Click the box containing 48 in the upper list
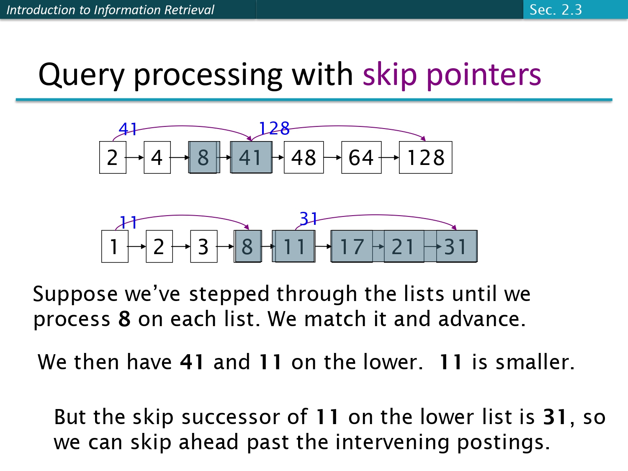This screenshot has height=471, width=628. [x=304, y=157]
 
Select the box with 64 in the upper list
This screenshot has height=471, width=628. [x=361, y=157]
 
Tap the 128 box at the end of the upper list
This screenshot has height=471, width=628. [x=425, y=157]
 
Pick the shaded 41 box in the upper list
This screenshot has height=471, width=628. [x=251, y=157]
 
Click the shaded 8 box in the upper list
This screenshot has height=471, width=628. [x=203, y=157]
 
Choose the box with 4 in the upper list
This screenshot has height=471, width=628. [x=157, y=157]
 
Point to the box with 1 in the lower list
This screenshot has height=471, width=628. [x=115, y=246]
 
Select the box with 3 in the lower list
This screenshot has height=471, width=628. [x=203, y=246]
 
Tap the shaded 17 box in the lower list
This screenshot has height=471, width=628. [x=352, y=246]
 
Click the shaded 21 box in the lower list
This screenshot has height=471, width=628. [x=403, y=246]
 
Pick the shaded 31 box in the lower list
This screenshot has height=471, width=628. [x=456, y=246]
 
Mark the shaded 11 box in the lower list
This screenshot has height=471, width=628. [x=294, y=246]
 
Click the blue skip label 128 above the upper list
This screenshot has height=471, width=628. [x=274, y=128]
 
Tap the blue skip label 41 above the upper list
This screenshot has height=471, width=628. [x=128, y=129]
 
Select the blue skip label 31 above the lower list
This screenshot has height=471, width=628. [x=309, y=219]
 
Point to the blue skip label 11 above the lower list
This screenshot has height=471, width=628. [x=128, y=222]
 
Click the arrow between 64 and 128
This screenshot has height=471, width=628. [x=390, y=158]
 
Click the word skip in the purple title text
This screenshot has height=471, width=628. [x=390, y=75]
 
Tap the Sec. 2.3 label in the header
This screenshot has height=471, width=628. [x=556, y=10]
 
